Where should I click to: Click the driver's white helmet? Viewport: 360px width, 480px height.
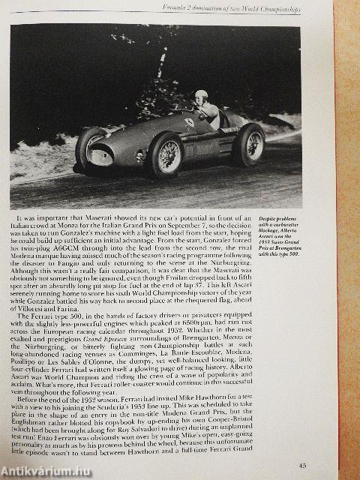(200, 95)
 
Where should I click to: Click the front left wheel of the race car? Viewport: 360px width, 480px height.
(166, 153)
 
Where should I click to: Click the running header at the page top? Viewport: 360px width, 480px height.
(233, 9)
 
